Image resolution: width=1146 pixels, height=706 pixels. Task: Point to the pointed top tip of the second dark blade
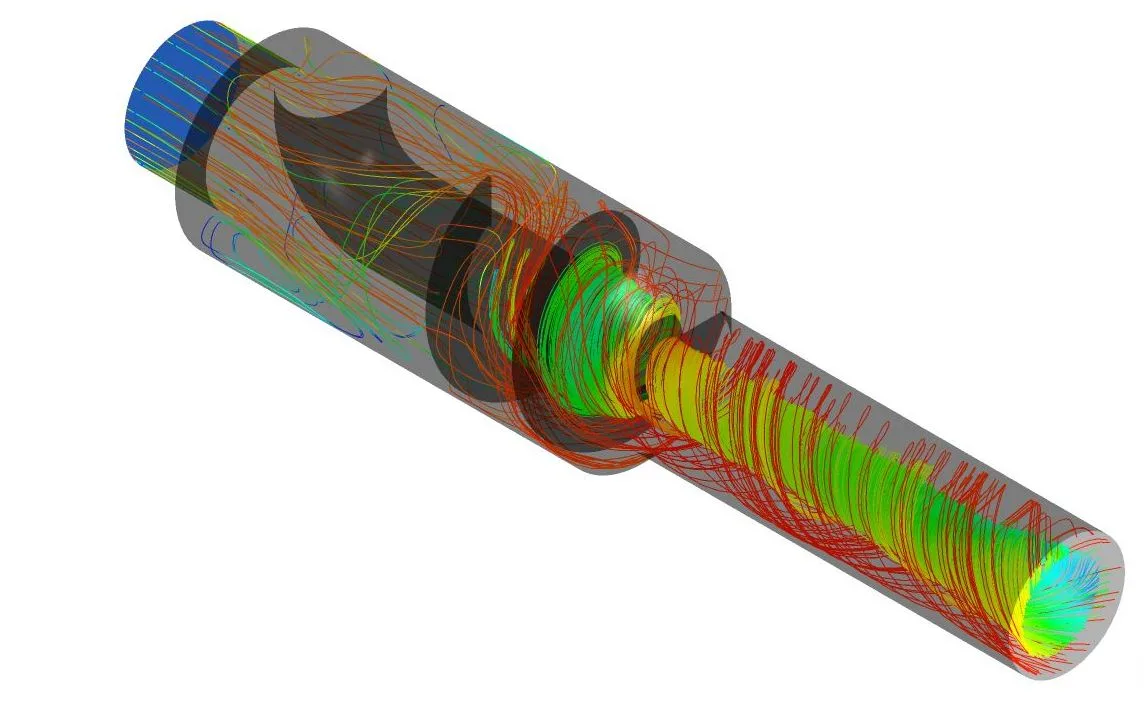[489, 178]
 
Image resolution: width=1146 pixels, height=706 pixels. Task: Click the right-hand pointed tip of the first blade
[439, 101]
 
